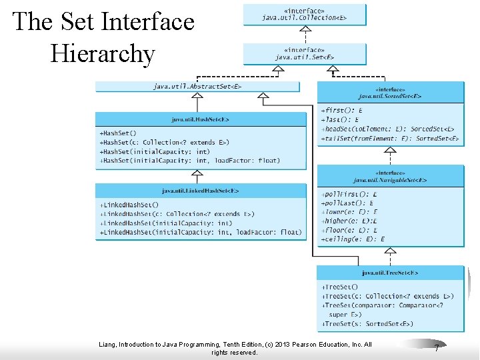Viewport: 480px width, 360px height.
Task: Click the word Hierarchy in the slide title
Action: click(x=103, y=53)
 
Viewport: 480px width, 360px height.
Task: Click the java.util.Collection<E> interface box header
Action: click(x=305, y=14)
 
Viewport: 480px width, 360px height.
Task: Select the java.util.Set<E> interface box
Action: click(x=305, y=53)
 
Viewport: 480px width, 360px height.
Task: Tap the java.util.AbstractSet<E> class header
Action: click(x=197, y=87)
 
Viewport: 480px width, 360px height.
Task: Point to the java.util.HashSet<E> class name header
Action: click(x=201, y=119)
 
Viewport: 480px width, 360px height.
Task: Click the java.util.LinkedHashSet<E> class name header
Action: click(x=201, y=191)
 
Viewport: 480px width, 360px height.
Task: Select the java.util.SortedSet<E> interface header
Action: click(x=390, y=92)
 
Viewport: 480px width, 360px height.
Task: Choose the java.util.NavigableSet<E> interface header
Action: click(x=390, y=176)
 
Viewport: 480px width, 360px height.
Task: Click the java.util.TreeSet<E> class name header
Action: click(x=390, y=273)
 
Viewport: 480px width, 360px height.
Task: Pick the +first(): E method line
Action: click(x=342, y=110)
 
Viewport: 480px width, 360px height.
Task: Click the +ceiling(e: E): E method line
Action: click(x=353, y=239)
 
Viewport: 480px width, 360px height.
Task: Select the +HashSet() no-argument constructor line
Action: click(x=118, y=133)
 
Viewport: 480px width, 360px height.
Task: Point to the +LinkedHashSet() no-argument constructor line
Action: click(x=129, y=205)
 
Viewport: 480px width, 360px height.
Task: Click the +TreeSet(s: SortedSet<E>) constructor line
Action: click(x=367, y=324)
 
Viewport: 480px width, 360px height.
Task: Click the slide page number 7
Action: click(x=436, y=348)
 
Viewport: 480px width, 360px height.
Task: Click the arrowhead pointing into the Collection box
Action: click(x=304, y=29)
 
